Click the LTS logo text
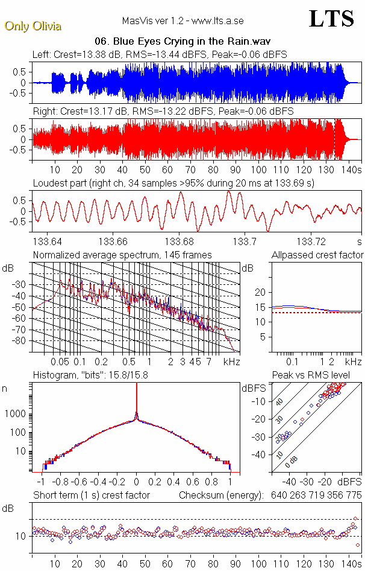point(331,19)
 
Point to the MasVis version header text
point(182,21)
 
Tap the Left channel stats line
point(160,54)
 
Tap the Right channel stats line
point(163,112)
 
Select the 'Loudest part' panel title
point(173,183)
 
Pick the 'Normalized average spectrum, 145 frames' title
point(122,255)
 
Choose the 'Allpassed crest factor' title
point(317,255)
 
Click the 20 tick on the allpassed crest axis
point(261,292)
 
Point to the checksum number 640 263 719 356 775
point(313,495)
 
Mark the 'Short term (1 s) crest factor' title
point(91,495)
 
